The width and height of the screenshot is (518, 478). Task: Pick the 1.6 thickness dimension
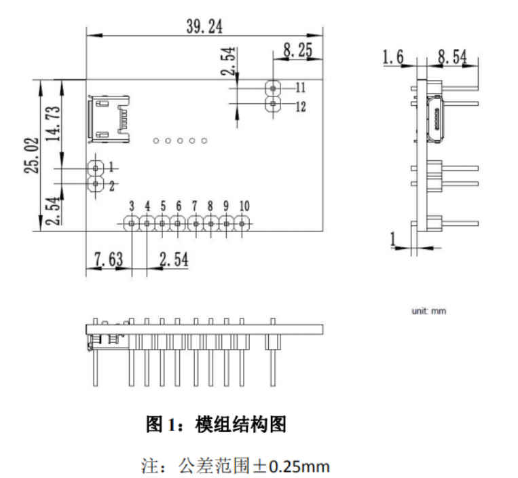coord(393,58)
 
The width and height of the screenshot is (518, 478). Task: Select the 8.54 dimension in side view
coord(453,58)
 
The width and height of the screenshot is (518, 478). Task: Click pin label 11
coord(301,87)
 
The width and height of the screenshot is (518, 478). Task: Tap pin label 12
coord(301,106)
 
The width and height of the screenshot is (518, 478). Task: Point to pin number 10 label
coord(244,206)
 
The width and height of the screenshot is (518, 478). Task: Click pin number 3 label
coord(132,206)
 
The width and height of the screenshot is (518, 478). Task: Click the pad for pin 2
coord(96,184)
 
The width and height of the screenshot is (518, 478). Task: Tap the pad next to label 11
coord(273,88)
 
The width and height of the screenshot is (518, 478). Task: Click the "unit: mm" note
coord(429,312)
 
